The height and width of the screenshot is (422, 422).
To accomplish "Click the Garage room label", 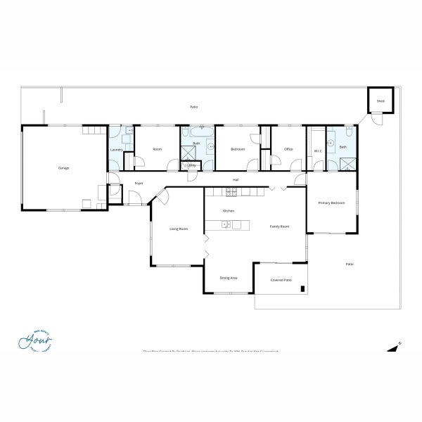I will pos(63,168).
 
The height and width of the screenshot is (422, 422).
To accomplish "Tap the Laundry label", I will pos(117,150).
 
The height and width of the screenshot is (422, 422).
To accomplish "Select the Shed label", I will pos(381,101).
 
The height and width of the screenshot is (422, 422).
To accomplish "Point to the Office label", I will pos(288,149).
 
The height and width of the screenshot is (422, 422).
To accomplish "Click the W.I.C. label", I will pos(317,149).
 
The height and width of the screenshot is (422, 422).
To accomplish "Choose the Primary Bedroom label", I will pos(332,203).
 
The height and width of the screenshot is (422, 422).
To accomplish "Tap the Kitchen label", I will pos(228,211).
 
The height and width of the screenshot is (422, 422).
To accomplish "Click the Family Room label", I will pos(280,226).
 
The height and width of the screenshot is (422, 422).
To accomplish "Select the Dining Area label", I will pos(229,278).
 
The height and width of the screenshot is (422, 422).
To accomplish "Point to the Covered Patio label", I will pos(281,280).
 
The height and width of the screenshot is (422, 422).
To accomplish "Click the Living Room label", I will pos(179,229).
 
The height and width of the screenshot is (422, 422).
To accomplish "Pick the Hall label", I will pos(236,180).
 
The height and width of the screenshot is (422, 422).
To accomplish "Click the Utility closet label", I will pos(191,165).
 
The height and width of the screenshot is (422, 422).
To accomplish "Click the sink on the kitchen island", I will pos(225,225).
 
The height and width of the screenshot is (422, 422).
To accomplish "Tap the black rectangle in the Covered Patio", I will pos(302,288).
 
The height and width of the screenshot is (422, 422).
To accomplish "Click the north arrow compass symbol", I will pos(394,346).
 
